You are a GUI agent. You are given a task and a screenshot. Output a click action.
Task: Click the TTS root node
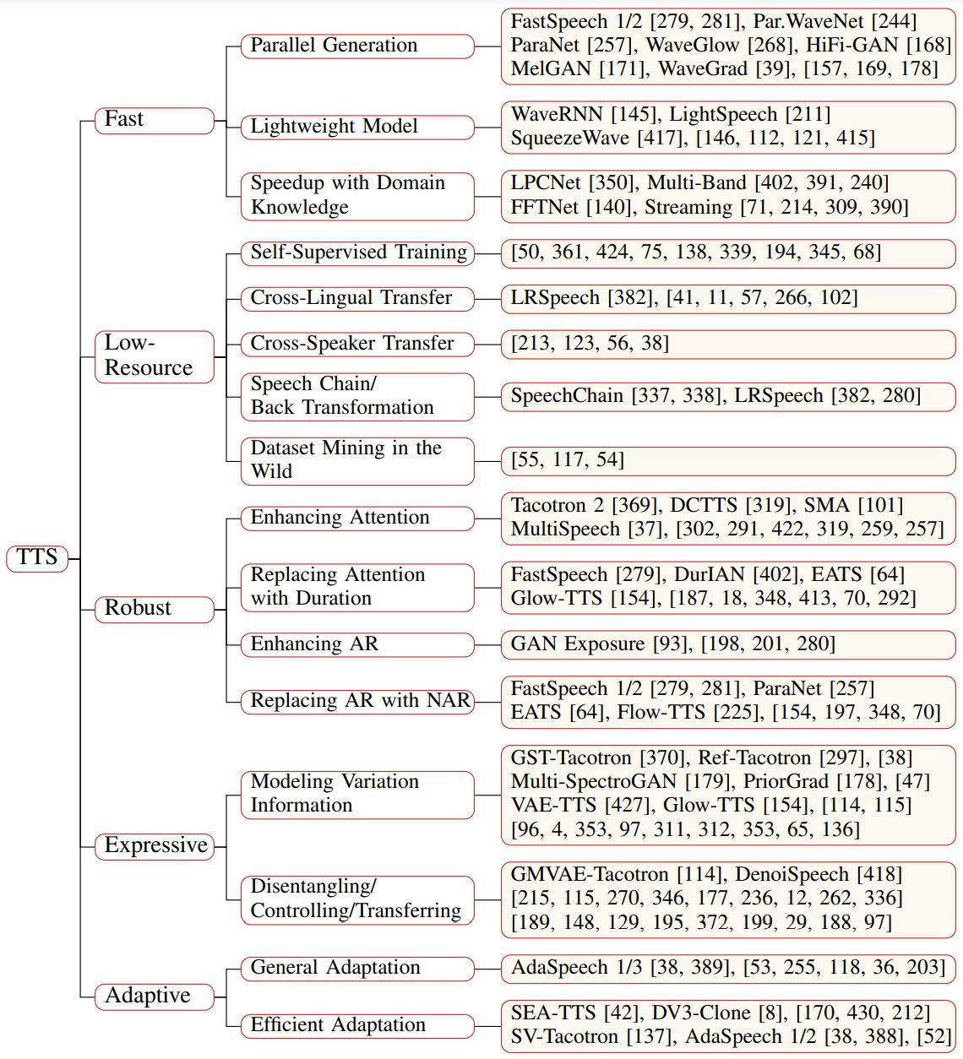pyautogui.click(x=37, y=558)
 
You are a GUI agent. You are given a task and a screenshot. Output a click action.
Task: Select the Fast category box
pyautogui.click(x=155, y=120)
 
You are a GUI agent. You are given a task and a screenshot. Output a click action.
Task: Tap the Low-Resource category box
pyautogui.click(x=155, y=356)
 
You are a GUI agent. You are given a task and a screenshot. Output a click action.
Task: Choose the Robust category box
pyautogui.click(x=155, y=609)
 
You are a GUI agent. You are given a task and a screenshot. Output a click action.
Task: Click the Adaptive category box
pyautogui.click(x=155, y=997)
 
